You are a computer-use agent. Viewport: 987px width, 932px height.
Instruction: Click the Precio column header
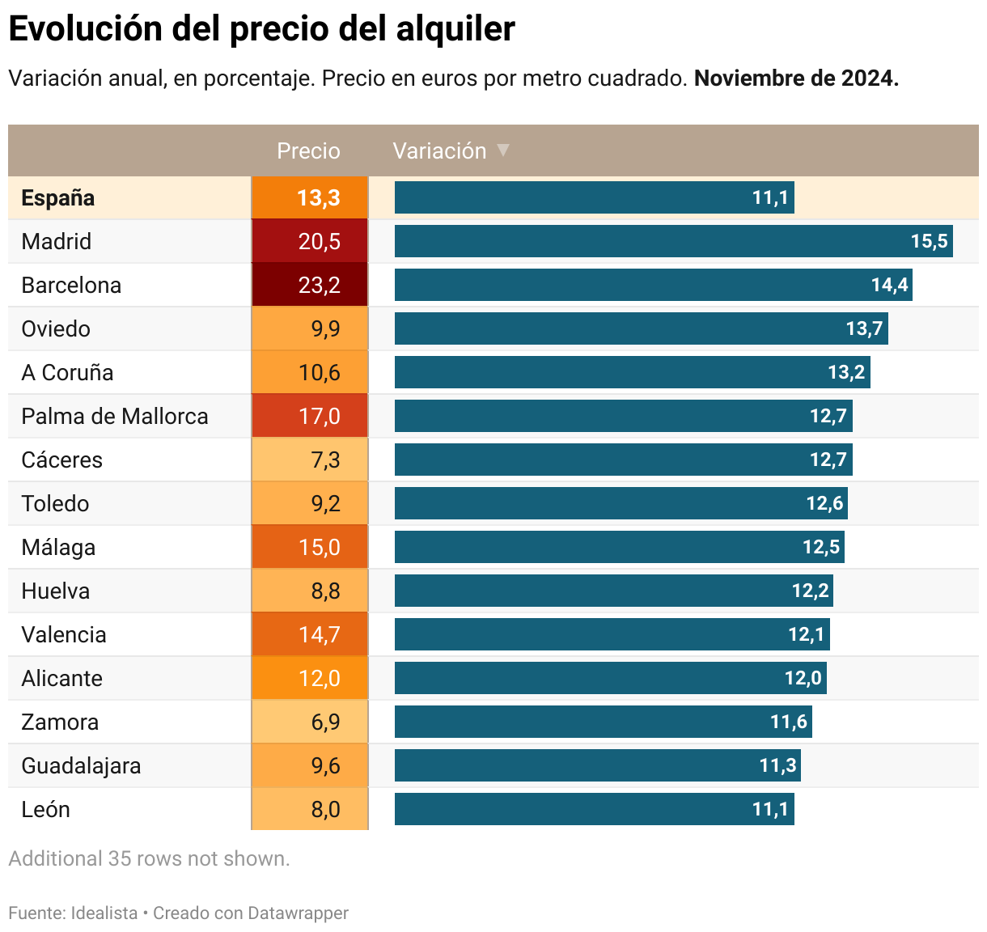pos(308,151)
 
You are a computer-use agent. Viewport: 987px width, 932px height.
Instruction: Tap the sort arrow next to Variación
pos(502,150)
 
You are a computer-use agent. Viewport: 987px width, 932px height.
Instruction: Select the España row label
pos(58,198)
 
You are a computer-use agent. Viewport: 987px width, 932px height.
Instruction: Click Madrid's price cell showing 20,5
pos(310,241)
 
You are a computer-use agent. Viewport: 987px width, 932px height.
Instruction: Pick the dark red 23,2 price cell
pos(310,285)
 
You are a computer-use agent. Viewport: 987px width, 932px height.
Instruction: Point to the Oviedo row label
pos(56,328)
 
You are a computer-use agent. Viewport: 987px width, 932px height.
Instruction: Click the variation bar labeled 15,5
pos(673,241)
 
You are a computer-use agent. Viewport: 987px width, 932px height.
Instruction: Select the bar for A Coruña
pos(632,372)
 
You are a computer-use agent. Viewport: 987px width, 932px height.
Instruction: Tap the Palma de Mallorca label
pos(115,416)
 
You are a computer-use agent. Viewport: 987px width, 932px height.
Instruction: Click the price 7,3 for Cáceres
pos(310,460)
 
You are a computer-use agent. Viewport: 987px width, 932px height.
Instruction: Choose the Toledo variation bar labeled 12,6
pos(621,503)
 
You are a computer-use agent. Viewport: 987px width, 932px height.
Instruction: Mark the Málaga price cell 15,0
pos(310,547)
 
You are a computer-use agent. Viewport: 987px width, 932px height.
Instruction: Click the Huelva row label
pos(56,591)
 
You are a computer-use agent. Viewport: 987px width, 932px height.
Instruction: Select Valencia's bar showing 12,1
pos(612,634)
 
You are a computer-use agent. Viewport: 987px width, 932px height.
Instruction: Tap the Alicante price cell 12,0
pos(310,678)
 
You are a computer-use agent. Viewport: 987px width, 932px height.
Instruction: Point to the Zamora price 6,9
pos(310,722)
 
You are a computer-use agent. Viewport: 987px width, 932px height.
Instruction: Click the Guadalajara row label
pos(81,765)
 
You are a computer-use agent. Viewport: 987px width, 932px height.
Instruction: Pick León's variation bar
pos(594,809)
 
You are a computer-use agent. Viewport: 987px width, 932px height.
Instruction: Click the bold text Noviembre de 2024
pos(796,78)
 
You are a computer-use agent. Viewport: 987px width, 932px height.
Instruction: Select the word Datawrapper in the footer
pos(298,913)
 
